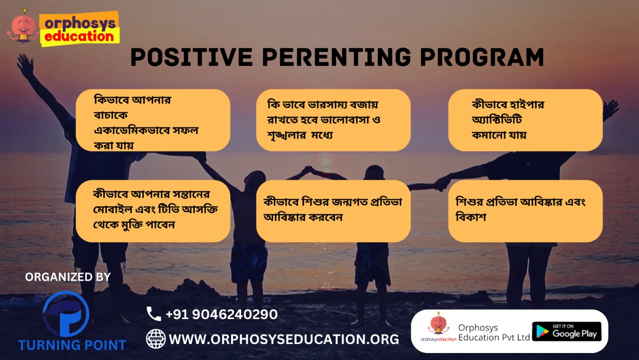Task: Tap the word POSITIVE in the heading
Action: tap(192, 57)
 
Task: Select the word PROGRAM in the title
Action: tap(482, 57)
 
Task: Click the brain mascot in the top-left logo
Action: tap(23, 27)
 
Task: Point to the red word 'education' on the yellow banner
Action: tap(79, 36)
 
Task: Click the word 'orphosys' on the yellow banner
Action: tap(80, 23)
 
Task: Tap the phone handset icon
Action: tap(154, 314)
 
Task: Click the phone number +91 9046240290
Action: tap(222, 315)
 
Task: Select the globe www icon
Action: tap(156, 339)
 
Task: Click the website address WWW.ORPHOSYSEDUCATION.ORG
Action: tap(284, 339)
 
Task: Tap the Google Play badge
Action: tap(567, 332)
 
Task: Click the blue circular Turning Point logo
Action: tap(66, 314)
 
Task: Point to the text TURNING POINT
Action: tap(72, 345)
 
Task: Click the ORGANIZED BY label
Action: tap(68, 277)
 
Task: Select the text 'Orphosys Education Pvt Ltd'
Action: tap(494, 333)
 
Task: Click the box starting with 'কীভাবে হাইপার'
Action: tap(525, 120)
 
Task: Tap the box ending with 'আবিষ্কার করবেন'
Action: tap(333, 211)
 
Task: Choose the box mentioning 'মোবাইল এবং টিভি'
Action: tap(153, 211)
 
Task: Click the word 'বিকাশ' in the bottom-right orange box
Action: tap(471, 217)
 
